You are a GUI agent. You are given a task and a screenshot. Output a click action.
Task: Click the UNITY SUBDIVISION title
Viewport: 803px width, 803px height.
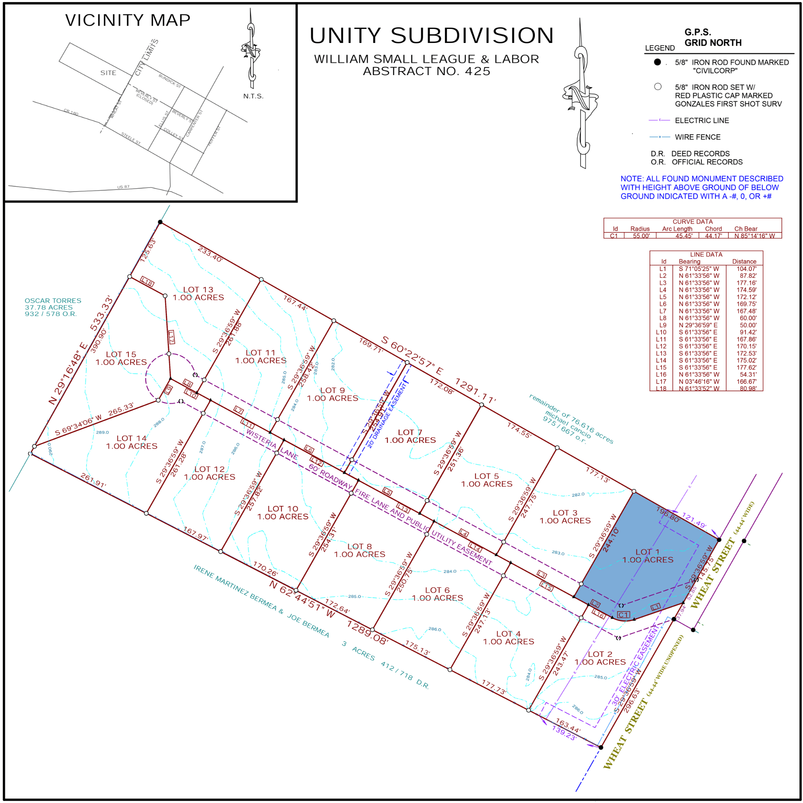tap(432, 36)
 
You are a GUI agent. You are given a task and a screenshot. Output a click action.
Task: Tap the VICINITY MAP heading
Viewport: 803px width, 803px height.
tap(128, 20)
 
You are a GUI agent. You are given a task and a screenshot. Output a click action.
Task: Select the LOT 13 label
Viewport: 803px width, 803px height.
tap(198, 290)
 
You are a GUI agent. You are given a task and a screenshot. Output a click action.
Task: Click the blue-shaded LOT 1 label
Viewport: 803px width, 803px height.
tap(648, 552)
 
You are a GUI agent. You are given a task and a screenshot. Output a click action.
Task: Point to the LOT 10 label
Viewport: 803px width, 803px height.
tap(283, 509)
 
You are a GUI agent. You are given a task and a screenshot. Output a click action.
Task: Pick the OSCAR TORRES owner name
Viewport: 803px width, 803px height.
tap(53, 300)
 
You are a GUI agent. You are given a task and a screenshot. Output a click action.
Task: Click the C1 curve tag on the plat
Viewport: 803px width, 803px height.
tap(623, 615)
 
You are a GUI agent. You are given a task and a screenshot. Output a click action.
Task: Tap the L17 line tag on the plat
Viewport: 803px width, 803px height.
tap(171, 337)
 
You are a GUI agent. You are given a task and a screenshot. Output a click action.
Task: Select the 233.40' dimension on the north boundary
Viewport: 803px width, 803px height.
tap(210, 254)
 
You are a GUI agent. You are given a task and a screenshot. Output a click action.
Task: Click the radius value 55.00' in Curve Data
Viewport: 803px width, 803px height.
tap(641, 236)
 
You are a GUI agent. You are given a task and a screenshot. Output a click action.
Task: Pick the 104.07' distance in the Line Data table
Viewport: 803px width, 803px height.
tap(746, 269)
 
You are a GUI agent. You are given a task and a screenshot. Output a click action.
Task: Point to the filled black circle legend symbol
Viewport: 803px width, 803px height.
tap(657, 62)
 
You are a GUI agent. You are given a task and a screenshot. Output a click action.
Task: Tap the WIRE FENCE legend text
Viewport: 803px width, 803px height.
tap(697, 137)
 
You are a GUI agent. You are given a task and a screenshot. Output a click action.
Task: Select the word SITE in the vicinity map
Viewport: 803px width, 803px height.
tap(108, 73)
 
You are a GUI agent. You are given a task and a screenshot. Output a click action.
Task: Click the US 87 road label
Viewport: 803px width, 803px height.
tap(123, 187)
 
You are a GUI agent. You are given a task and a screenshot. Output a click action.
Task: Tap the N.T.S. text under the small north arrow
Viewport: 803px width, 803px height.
tap(253, 96)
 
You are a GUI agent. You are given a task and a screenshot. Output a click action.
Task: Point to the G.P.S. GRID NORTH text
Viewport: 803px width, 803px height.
tap(713, 37)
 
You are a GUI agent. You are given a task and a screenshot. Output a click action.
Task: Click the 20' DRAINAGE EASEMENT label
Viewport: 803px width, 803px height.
tap(387, 415)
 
